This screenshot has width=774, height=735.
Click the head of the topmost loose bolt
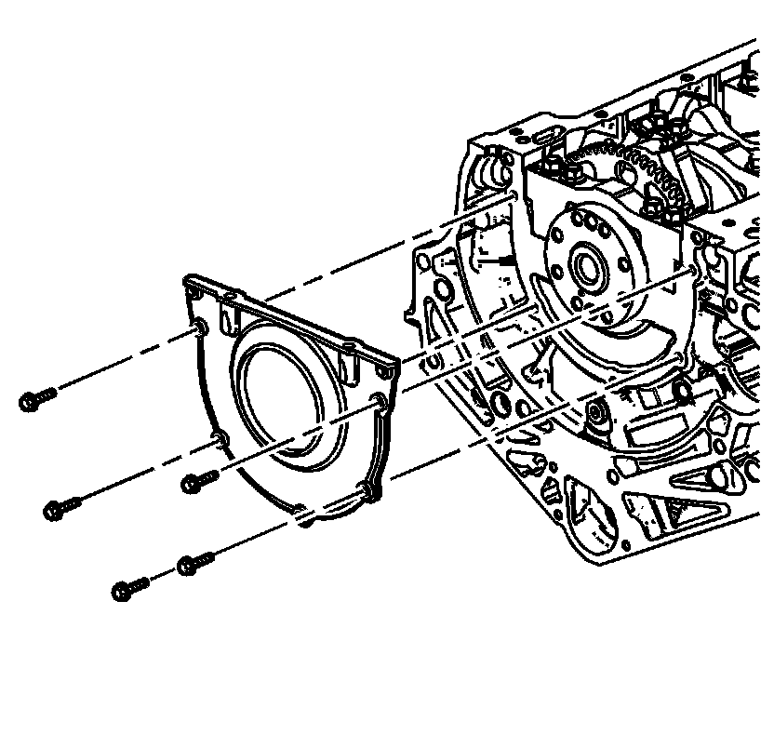(30, 402)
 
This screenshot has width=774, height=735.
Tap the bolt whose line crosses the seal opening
(191, 483)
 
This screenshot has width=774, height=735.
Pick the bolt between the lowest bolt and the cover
(188, 565)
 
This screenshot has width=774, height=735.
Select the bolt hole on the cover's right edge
(377, 401)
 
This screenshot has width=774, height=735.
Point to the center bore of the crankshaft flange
(587, 268)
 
